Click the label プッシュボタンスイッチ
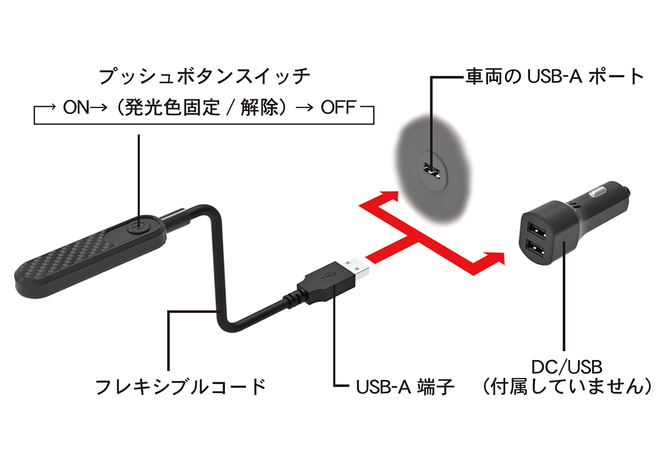pyautogui.click(x=204, y=76)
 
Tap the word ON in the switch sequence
pyautogui.click(x=76, y=108)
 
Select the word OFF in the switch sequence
pyautogui.click(x=338, y=108)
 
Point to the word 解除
pyautogui.click(x=259, y=108)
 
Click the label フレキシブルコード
pyautogui.click(x=180, y=386)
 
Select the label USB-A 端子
pyautogui.click(x=404, y=386)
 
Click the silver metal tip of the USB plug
pyautogui.click(x=356, y=270)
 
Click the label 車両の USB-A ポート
pyautogui.click(x=554, y=76)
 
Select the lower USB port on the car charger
pyautogui.click(x=534, y=248)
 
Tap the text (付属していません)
pyautogui.click(x=567, y=386)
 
